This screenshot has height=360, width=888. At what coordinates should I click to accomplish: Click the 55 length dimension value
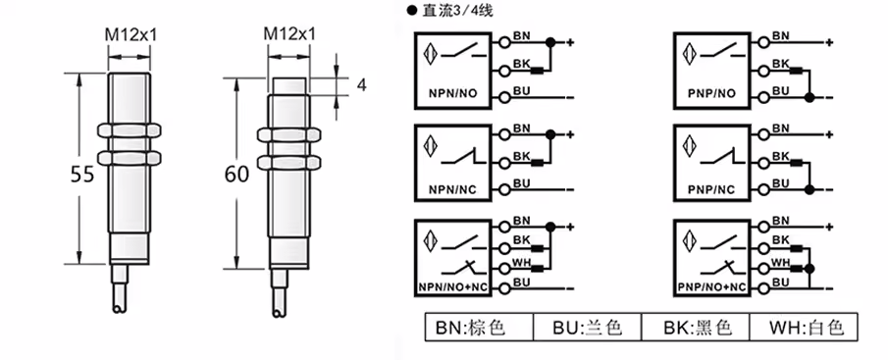[82, 175]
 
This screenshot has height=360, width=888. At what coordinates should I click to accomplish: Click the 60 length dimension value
[236, 175]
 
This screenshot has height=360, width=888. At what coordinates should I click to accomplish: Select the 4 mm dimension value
[362, 85]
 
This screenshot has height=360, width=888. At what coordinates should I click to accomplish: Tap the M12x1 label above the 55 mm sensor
[131, 35]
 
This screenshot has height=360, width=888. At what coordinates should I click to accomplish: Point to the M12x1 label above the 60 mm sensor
[289, 34]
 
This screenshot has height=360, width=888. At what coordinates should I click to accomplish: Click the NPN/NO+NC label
[452, 287]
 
